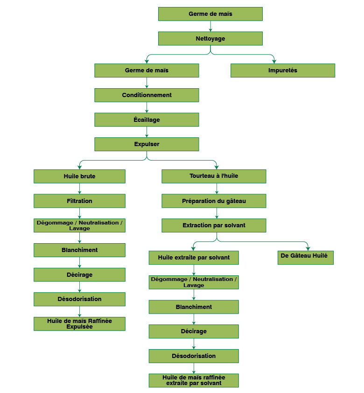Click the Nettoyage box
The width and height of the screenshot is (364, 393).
pyautogui.click(x=210, y=38)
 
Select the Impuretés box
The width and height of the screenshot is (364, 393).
pyautogui.click(x=282, y=70)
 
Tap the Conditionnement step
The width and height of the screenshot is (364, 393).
pyautogui.click(x=147, y=95)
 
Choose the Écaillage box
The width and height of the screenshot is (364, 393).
pyautogui.click(x=147, y=120)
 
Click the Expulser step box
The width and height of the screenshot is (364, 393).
pyautogui.click(x=147, y=144)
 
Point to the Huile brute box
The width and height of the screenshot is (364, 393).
pyautogui.click(x=79, y=176)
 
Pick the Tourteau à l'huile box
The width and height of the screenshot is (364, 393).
pyautogui.click(x=214, y=176)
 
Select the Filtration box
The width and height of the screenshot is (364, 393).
pyautogui.click(x=79, y=201)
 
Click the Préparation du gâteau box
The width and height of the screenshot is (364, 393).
pyautogui.click(x=214, y=201)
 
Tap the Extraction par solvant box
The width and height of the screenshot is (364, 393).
pyautogui.click(x=214, y=225)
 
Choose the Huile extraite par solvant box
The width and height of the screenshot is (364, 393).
pyautogui.click(x=194, y=258)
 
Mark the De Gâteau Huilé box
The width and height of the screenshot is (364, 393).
pyautogui.click(x=305, y=258)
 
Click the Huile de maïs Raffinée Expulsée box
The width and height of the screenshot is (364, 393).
pyautogui.click(x=79, y=324)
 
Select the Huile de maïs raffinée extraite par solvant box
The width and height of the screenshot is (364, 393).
pyautogui.click(x=194, y=380)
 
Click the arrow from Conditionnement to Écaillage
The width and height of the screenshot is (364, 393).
pyautogui.click(x=147, y=107)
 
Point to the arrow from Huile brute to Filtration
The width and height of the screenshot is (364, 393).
pyautogui.click(x=79, y=189)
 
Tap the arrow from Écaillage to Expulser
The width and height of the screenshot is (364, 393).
pyautogui.click(x=147, y=132)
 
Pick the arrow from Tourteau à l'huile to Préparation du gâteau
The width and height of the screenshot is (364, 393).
pyautogui.click(x=217, y=189)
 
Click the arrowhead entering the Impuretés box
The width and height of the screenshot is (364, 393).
pyautogui.click(x=274, y=61)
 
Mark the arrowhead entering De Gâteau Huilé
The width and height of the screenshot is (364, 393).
pyautogui.click(x=308, y=249)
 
